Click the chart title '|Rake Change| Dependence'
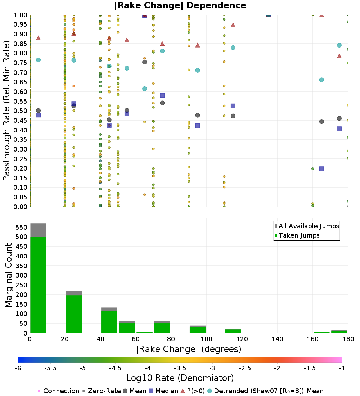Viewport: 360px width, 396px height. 180,5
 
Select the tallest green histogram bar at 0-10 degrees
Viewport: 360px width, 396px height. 38,284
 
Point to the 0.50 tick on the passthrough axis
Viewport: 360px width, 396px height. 21,111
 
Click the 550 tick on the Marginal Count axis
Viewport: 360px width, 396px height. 21,228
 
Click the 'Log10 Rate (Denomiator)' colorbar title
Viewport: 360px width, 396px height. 180,378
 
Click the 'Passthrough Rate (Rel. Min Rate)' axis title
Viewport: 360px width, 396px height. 6,111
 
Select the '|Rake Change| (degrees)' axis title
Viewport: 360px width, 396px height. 189,349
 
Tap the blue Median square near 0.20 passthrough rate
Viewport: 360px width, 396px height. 321,168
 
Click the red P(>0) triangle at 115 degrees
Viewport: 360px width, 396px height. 233,25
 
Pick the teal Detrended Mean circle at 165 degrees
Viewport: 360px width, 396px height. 321,80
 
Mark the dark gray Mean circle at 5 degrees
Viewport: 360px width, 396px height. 38,111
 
